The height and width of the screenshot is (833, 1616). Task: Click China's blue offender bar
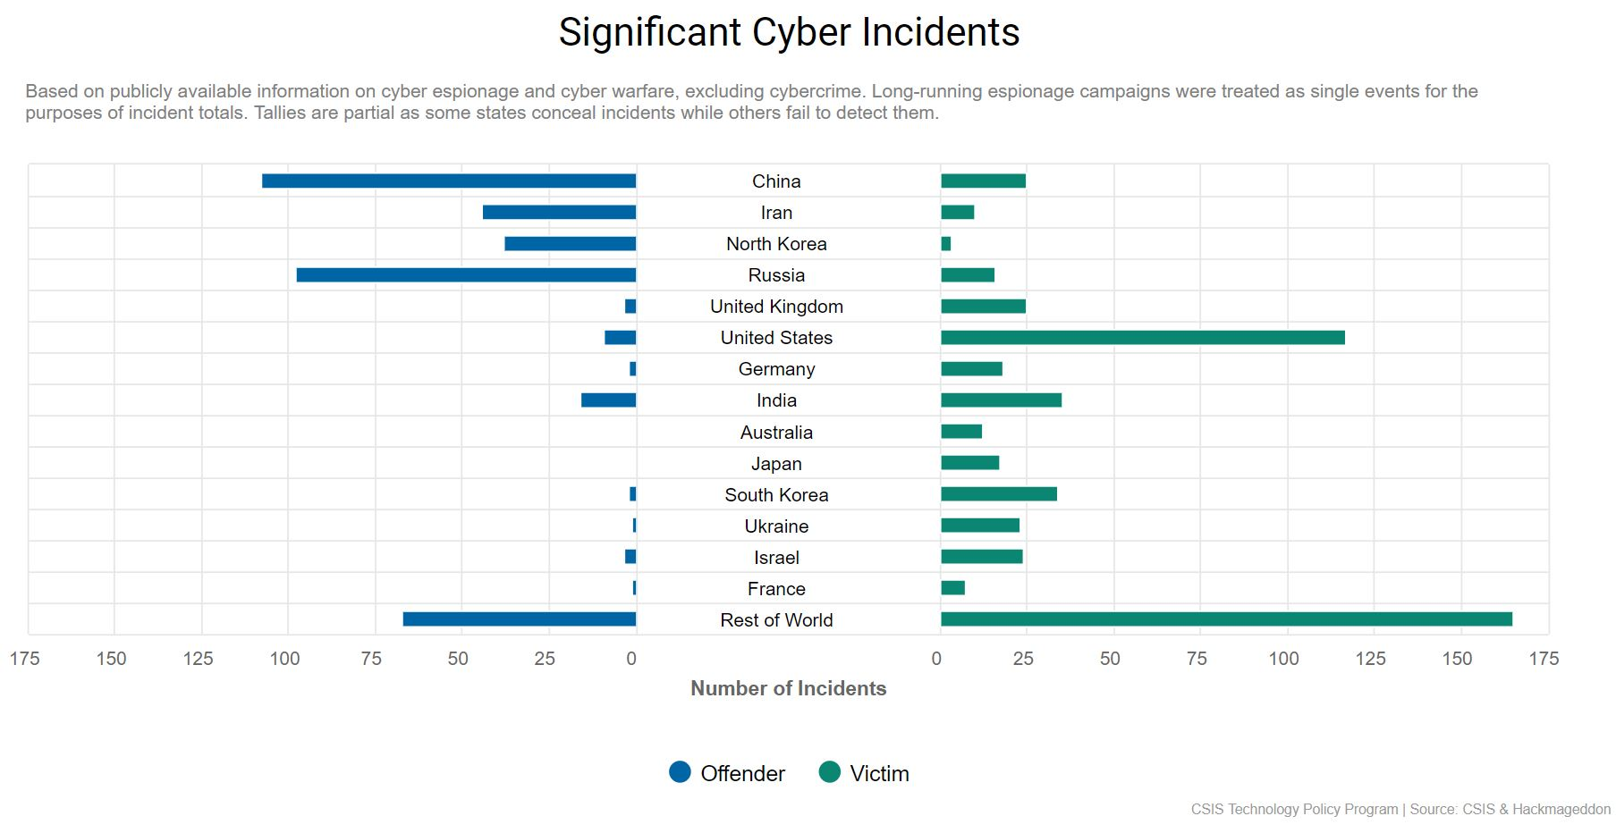tap(448, 181)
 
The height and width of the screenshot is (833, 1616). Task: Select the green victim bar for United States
tap(1142, 338)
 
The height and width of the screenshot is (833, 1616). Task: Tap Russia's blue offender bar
tap(466, 275)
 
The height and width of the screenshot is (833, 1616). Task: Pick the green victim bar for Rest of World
tap(1226, 619)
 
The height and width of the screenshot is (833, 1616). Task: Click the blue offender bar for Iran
tap(559, 213)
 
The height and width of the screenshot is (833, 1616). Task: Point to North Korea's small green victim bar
tap(945, 244)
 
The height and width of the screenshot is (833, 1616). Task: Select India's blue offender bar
tap(608, 400)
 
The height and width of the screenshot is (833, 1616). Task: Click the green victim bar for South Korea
tap(998, 494)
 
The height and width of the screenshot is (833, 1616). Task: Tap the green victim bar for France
tap(952, 588)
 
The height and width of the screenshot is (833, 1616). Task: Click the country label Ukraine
tap(776, 526)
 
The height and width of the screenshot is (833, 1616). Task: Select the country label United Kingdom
tap(776, 307)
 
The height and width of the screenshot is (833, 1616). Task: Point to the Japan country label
tap(776, 464)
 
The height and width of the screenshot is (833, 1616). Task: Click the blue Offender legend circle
tap(680, 772)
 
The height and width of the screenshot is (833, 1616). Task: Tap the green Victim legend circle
tap(829, 772)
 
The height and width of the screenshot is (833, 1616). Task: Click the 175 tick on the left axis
tap(25, 659)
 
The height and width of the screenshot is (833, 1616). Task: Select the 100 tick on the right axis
tap(1283, 659)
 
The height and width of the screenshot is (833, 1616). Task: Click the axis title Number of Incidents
tap(788, 688)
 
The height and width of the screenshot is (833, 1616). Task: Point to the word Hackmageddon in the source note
tap(1561, 809)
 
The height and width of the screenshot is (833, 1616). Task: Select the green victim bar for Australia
tap(960, 432)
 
